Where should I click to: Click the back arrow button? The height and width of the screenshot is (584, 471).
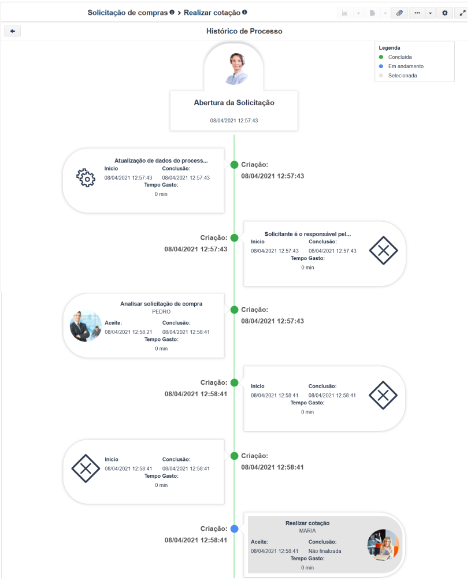click(x=12, y=31)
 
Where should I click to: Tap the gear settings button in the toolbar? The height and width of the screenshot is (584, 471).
click(x=444, y=13)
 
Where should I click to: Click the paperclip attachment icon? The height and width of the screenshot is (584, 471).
click(x=399, y=13)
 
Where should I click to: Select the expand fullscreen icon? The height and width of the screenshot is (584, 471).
click(x=462, y=13)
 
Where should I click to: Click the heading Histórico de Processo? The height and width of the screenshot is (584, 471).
click(x=244, y=31)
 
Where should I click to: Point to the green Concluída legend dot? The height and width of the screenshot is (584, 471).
click(x=381, y=57)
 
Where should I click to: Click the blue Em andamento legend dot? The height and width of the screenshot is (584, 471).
click(x=381, y=66)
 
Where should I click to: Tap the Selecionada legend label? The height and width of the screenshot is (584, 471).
click(x=402, y=76)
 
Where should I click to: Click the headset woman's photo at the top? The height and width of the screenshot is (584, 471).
click(x=236, y=69)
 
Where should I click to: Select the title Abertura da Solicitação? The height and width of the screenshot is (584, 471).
click(x=234, y=103)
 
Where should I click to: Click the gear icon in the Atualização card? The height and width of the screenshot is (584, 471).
click(x=86, y=178)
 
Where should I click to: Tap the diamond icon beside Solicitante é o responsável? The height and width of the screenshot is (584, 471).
click(x=383, y=250)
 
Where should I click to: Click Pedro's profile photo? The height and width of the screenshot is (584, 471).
click(x=86, y=326)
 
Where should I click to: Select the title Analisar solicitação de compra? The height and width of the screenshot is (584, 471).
click(x=161, y=304)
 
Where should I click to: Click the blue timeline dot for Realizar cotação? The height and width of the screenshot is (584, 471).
click(x=235, y=529)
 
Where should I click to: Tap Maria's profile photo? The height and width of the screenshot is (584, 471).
click(x=383, y=545)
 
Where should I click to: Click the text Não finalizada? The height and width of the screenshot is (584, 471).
click(x=325, y=551)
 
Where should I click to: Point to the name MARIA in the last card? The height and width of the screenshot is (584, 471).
click(x=307, y=531)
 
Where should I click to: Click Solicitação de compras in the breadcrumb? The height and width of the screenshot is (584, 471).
click(x=128, y=13)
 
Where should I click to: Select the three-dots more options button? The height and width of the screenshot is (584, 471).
click(x=417, y=13)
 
